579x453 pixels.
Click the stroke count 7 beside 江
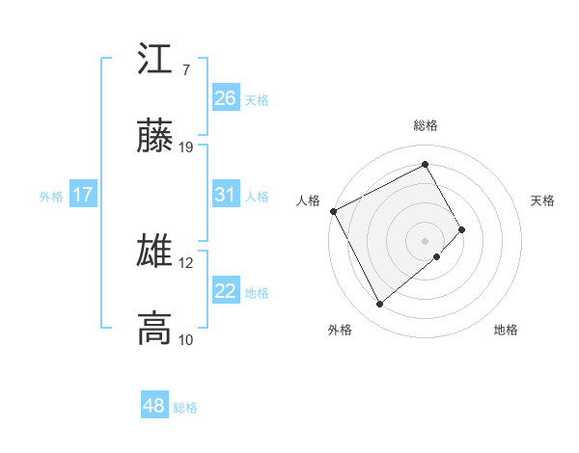pyautogui.click(x=185, y=70)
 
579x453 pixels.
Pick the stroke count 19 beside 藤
pyautogui.click(x=186, y=147)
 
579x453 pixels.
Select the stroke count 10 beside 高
pyautogui.click(x=186, y=339)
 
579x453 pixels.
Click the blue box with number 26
pyautogui.click(x=226, y=98)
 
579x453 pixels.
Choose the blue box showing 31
pyautogui.click(x=226, y=195)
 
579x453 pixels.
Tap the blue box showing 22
pyautogui.click(x=226, y=291)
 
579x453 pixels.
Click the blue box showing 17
pyautogui.click(x=83, y=195)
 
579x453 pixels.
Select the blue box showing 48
pyautogui.click(x=153, y=406)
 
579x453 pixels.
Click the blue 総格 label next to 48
pyautogui.click(x=185, y=408)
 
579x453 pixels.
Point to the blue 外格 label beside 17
pyautogui.click(x=51, y=196)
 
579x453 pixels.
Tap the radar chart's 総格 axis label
pyautogui.click(x=426, y=125)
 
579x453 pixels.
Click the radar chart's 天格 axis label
pyautogui.click(x=543, y=200)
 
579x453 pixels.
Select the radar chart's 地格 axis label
pyautogui.click(x=506, y=330)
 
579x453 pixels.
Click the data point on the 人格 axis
pyautogui.click(x=333, y=211)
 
